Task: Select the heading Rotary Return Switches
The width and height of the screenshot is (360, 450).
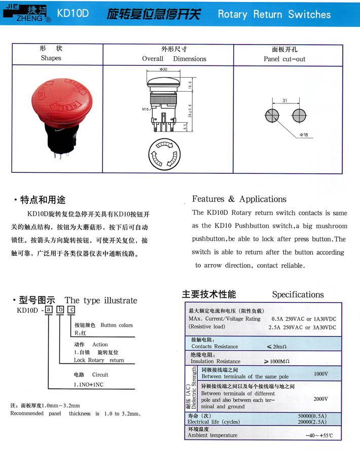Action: click(274, 14)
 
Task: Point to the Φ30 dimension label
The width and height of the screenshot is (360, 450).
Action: click(163, 69)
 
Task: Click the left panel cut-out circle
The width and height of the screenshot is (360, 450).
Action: click(272, 116)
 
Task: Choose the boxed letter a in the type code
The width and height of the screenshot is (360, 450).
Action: click(49, 310)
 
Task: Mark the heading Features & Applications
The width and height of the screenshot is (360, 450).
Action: click(239, 199)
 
